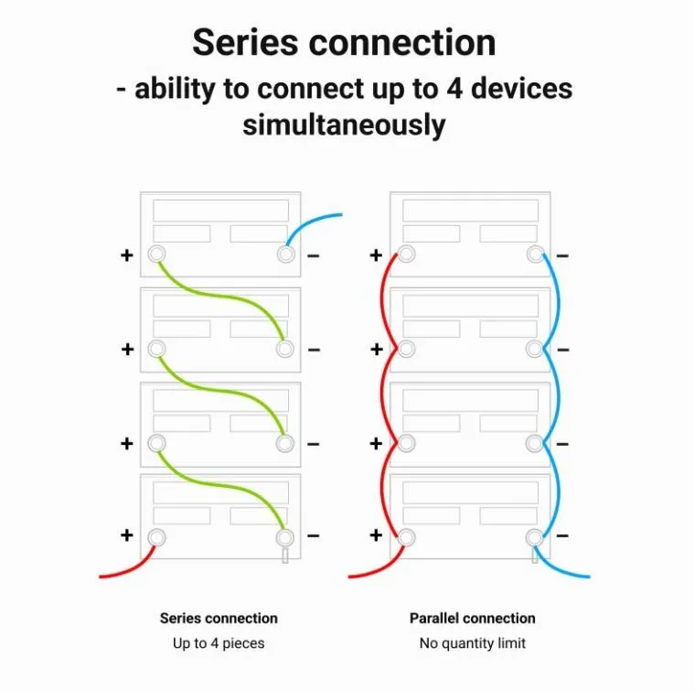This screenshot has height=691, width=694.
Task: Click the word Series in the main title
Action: tap(245, 42)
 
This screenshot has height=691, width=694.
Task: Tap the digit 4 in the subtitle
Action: tap(454, 88)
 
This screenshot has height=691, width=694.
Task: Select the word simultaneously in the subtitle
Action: tap(344, 124)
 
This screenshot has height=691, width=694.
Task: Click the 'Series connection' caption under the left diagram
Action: tap(219, 618)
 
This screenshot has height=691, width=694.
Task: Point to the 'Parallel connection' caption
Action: tap(472, 618)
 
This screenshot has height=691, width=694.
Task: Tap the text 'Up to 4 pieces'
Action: tap(219, 643)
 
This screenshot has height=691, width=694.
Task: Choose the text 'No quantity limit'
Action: tap(472, 643)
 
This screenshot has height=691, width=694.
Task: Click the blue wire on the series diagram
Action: tap(308, 222)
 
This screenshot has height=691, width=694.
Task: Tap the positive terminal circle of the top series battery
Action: tap(156, 254)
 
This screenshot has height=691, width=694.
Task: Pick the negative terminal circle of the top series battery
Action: tap(286, 254)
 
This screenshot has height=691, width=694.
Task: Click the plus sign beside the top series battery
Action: tap(127, 255)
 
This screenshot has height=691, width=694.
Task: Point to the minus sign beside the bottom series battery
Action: tap(314, 536)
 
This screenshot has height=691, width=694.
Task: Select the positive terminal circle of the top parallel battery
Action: tap(406, 254)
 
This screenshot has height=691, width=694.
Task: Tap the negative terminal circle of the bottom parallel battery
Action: tap(535, 538)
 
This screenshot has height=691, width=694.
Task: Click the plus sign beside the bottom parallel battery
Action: tap(376, 535)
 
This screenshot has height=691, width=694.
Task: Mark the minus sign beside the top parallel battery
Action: tap(562, 255)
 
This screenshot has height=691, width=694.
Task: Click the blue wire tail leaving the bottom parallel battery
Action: tap(559, 567)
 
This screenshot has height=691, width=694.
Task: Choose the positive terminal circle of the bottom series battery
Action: tap(156, 538)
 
